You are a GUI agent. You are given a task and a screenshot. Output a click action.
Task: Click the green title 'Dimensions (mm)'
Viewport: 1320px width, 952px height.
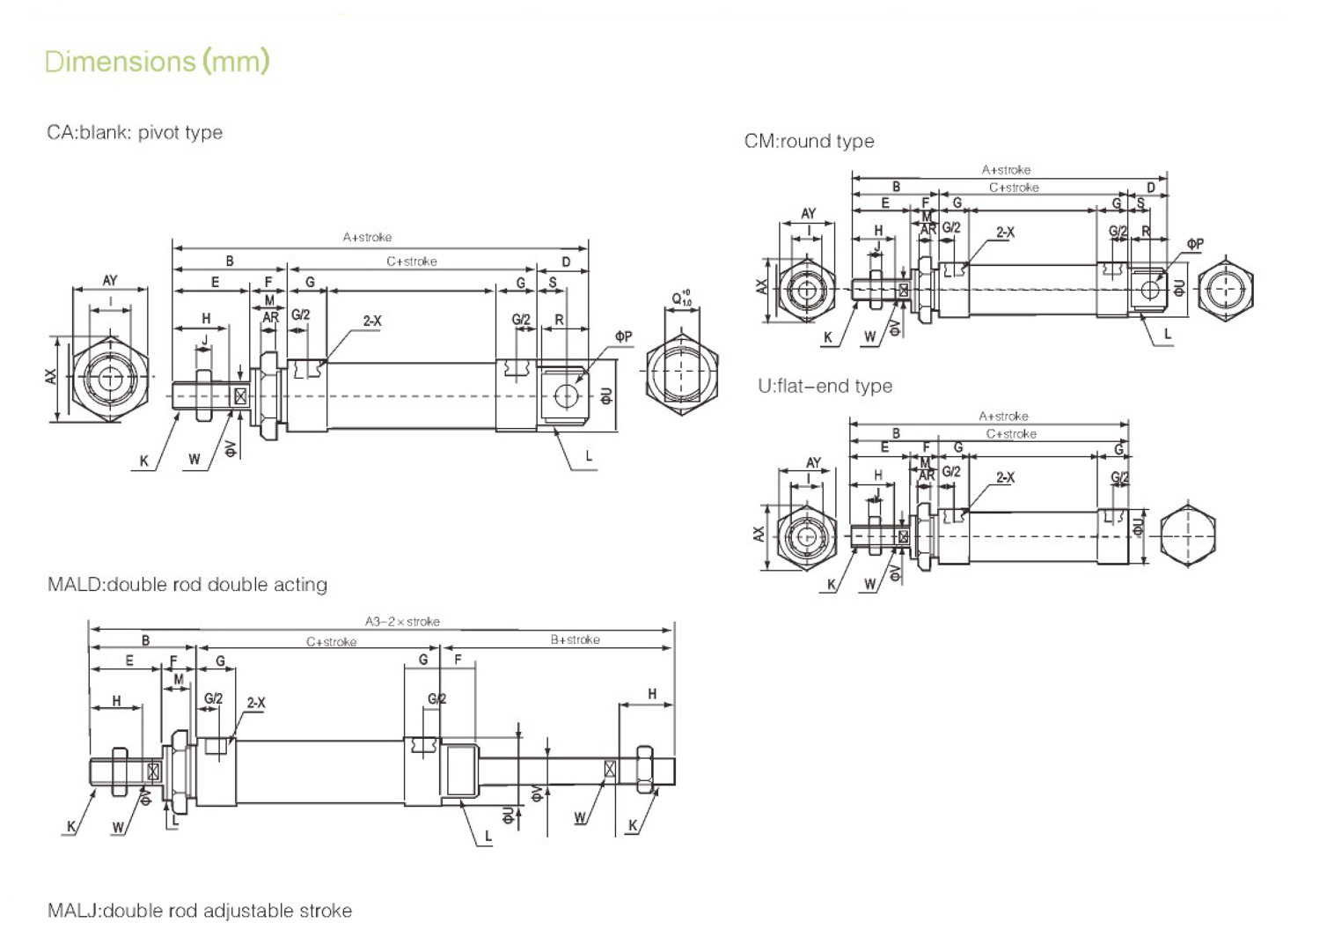pos(157,62)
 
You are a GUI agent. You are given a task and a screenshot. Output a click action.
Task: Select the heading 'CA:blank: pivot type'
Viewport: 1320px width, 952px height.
pos(135,133)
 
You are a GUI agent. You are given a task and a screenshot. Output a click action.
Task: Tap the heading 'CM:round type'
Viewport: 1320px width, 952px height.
pos(809,142)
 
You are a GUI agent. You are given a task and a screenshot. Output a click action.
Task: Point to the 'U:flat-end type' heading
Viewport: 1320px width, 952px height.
pos(825,387)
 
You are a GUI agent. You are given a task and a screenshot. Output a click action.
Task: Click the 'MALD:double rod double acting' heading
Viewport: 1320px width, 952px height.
pos(187,585)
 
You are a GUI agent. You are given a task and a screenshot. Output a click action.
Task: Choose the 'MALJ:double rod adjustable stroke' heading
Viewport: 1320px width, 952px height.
pos(200,911)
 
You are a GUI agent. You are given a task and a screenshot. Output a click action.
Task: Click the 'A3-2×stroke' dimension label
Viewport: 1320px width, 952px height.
pos(402,622)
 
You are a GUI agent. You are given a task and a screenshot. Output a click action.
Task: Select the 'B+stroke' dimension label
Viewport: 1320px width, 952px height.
pos(575,640)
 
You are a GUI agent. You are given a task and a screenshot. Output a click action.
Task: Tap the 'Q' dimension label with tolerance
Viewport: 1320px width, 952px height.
pos(681,299)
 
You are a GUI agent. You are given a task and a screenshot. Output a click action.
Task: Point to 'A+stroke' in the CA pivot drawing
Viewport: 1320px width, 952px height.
pos(367,238)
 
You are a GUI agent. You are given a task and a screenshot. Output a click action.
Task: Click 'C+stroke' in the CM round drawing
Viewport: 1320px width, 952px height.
pos(1014,188)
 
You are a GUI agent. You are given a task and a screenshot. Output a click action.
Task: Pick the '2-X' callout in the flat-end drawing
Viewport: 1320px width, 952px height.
pos(1005,477)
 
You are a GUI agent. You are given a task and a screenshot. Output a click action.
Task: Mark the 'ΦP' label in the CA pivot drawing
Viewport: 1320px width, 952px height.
pos(623,336)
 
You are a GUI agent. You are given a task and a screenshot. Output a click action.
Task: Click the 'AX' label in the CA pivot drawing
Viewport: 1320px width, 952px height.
pos(52,376)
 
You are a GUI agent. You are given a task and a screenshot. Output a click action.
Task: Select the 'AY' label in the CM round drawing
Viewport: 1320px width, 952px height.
pos(808,214)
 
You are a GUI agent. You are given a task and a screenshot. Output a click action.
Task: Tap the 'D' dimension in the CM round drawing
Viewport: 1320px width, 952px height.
pos(1150,188)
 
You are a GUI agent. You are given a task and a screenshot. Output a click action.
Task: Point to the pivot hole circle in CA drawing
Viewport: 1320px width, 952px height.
pos(567,396)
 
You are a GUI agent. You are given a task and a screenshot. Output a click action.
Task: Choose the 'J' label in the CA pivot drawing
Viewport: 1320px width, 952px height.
pos(205,341)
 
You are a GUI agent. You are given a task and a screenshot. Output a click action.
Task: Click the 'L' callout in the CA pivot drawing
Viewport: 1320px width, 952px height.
pos(589,456)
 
